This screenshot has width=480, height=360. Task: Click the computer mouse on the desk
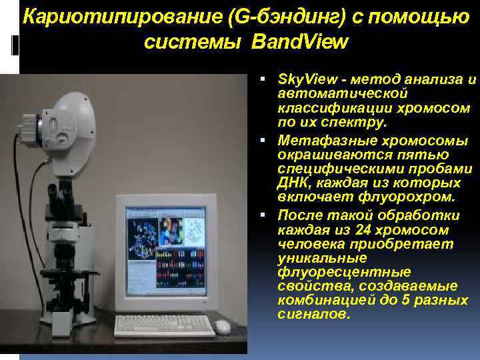(222, 326)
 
